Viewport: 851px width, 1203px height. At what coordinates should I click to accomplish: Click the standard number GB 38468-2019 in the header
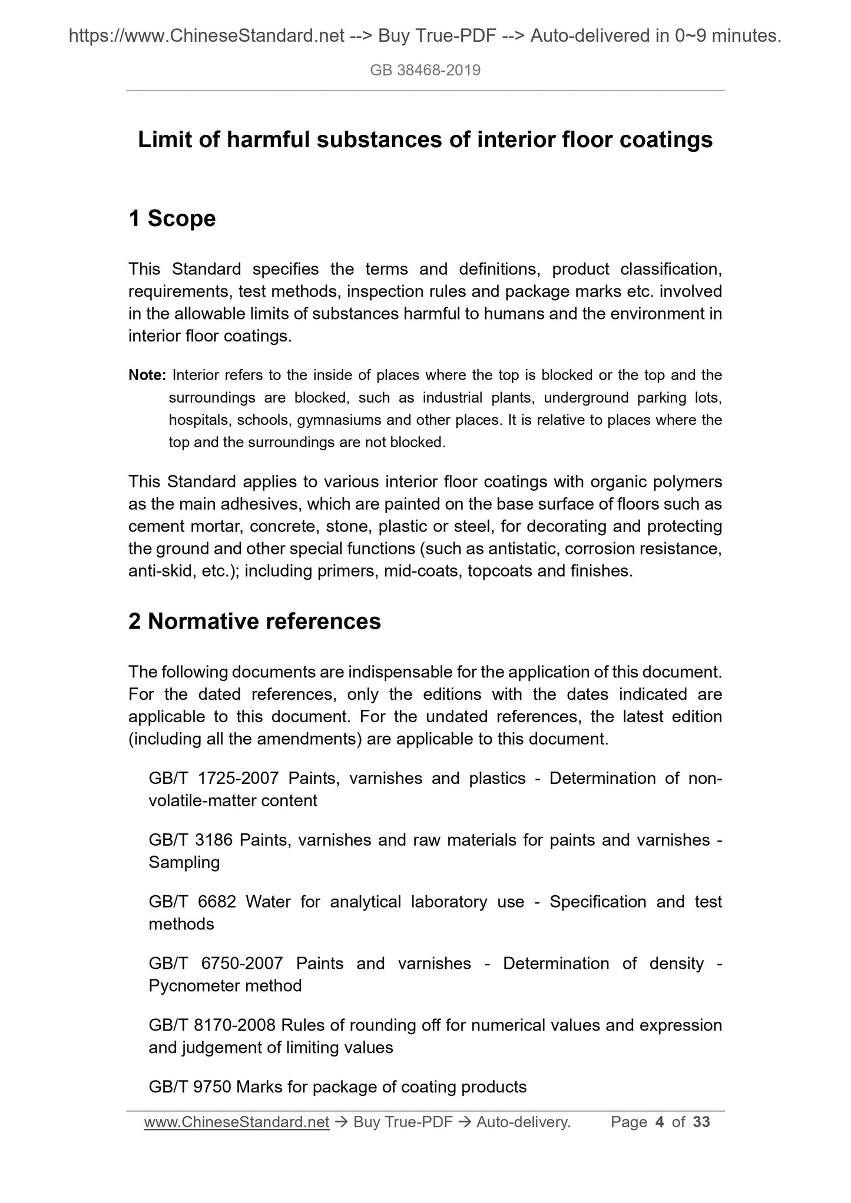pyautogui.click(x=425, y=71)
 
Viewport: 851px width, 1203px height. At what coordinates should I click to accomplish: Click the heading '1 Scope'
pyautogui.click(x=172, y=218)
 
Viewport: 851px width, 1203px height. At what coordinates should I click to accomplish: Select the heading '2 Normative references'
pyautogui.click(x=254, y=622)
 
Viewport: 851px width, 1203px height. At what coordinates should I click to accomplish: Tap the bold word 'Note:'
pyautogui.click(x=148, y=375)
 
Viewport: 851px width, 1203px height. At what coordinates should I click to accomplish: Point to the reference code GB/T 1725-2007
pyautogui.click(x=213, y=778)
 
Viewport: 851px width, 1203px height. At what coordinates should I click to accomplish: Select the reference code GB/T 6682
pyautogui.click(x=191, y=902)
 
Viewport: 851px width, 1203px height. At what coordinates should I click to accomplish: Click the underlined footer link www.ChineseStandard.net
pyautogui.click(x=236, y=1122)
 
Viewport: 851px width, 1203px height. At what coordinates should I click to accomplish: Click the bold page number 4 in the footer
pyautogui.click(x=659, y=1122)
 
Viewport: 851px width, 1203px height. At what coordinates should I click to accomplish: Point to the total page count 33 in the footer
pyautogui.click(x=701, y=1122)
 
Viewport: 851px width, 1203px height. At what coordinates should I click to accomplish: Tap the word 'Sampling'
pyautogui.click(x=184, y=862)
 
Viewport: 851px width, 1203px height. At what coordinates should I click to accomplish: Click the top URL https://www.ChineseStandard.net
pyautogui.click(x=207, y=36)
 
